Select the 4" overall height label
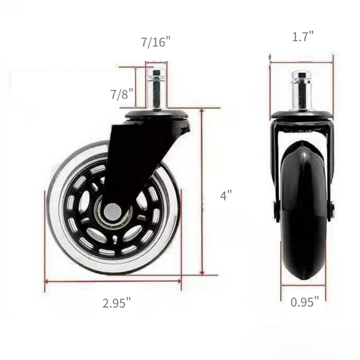(226, 196)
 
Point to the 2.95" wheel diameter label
(116, 303)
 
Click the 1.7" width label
(302, 37)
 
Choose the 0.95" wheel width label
(305, 302)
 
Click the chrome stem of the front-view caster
(301, 90)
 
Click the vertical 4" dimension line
(203, 191)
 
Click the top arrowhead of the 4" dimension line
(203, 111)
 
